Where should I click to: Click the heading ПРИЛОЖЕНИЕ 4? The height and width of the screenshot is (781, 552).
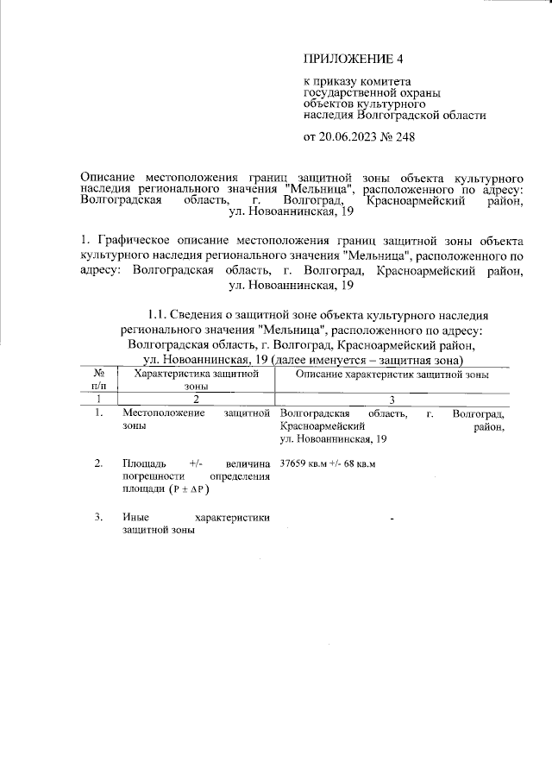click(x=354, y=60)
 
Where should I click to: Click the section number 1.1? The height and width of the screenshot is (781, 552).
click(x=163, y=314)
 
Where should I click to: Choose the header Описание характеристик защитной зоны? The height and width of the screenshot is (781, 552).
click(x=392, y=375)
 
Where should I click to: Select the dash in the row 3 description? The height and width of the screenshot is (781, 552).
click(x=392, y=519)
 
